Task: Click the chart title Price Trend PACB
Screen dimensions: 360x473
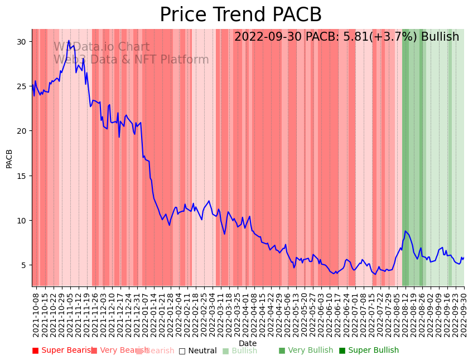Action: tap(240, 15)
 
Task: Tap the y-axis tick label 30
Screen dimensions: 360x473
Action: tap(22, 42)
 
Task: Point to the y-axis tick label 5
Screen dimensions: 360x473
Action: tap(24, 265)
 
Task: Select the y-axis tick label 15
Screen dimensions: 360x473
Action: tap(22, 176)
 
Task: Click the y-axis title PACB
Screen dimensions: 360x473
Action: tap(9, 158)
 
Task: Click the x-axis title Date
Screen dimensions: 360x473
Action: tap(248, 343)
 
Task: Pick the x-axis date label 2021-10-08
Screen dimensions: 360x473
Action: tap(36, 313)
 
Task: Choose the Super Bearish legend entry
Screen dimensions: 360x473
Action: tap(63, 351)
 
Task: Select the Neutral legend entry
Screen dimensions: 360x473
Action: tap(198, 351)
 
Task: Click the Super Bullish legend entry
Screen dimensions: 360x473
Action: tap(369, 351)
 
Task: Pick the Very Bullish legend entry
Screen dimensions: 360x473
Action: tap(306, 351)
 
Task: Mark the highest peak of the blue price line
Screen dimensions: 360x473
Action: tap(69, 41)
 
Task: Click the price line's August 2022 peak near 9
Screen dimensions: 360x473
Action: tap(406, 231)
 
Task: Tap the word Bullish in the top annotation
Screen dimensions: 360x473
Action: tap(440, 37)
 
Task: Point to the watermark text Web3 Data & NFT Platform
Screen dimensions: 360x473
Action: tap(131, 60)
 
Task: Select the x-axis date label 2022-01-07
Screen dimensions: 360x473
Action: tap(145, 313)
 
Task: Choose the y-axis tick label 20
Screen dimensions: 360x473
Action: tap(22, 131)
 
